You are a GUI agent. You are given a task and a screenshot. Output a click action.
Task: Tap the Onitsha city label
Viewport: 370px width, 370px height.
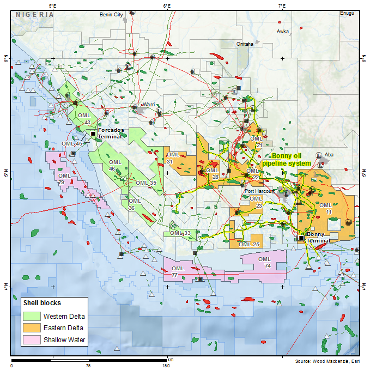click(x=245, y=44)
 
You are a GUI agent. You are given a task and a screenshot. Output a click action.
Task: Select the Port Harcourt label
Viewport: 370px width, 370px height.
click(x=258, y=191)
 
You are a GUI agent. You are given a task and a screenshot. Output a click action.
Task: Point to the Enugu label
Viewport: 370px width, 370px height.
click(x=347, y=13)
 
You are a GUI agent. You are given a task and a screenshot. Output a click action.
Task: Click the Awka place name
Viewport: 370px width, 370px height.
click(x=283, y=32)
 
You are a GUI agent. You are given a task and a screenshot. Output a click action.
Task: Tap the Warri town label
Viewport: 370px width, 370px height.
click(x=149, y=104)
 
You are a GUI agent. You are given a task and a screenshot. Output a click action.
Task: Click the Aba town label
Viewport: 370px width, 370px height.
click(x=329, y=155)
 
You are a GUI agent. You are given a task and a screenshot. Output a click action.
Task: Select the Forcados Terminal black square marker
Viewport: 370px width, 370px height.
click(x=93, y=133)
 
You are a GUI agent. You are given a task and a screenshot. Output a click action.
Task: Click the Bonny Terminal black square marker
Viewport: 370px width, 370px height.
click(x=301, y=238)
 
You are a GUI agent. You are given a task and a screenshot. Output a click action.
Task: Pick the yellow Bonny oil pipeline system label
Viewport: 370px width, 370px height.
click(x=287, y=159)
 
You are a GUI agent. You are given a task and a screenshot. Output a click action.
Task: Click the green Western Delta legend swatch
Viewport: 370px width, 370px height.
click(x=32, y=316)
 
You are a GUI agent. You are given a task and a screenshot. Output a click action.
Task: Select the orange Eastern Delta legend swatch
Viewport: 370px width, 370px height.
click(x=32, y=328)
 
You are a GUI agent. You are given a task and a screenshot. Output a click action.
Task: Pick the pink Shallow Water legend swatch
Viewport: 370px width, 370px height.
click(x=32, y=340)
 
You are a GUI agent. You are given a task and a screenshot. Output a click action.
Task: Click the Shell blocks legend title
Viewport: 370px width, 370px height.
click(x=42, y=302)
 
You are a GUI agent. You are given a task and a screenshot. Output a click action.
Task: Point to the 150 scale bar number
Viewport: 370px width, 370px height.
click(x=167, y=366)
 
